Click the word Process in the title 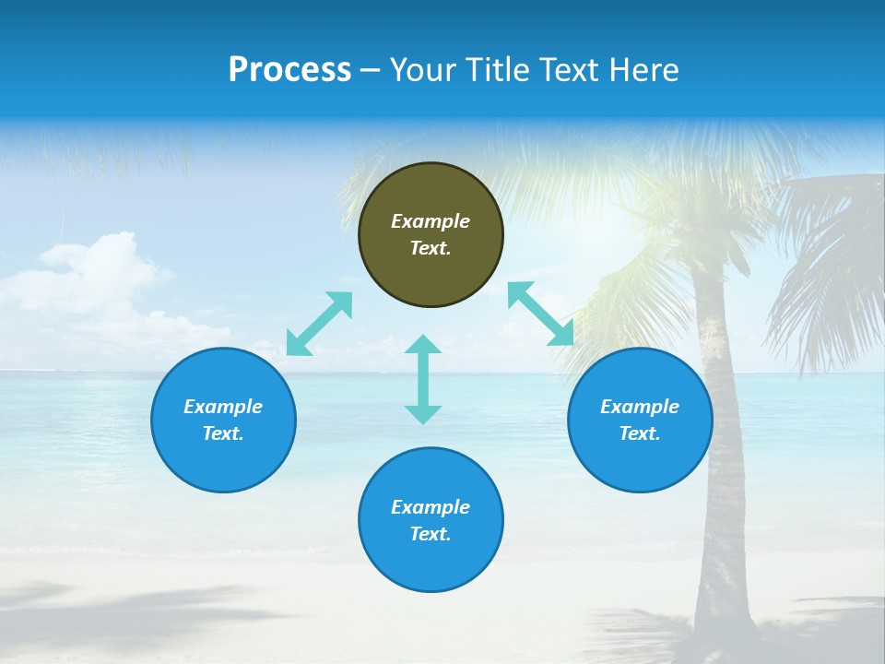click(289, 70)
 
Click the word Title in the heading click(499, 70)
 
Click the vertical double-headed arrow click(423, 380)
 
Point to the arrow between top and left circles click(319, 324)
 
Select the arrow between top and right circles click(541, 314)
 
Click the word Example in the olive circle click(431, 221)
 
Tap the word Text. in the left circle click(223, 433)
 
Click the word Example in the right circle click(640, 407)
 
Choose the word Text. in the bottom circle click(431, 534)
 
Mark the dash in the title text click(371, 71)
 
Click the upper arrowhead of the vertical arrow click(423, 345)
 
